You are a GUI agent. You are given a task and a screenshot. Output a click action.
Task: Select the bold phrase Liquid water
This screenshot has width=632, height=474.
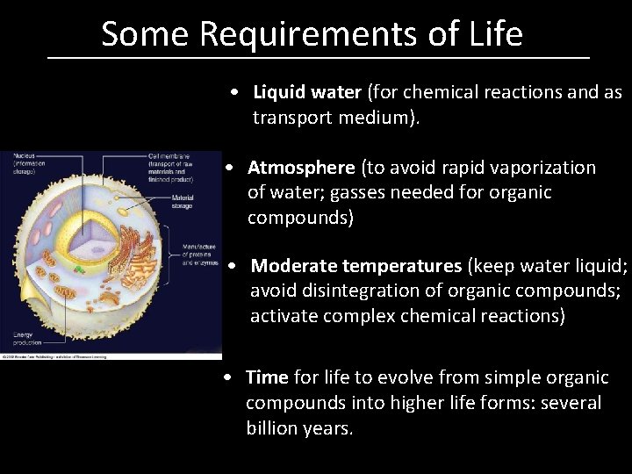(x=306, y=92)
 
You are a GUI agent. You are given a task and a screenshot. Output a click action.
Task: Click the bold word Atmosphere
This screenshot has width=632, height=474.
(x=301, y=168)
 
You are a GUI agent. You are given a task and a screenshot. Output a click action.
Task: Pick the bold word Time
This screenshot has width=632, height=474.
(x=267, y=378)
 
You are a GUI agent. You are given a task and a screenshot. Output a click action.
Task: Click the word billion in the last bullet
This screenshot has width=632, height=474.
(x=277, y=429)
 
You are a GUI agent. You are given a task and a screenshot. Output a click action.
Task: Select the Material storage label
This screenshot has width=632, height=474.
(x=182, y=201)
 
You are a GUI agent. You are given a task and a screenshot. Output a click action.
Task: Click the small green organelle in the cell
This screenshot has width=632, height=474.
(x=80, y=269)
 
